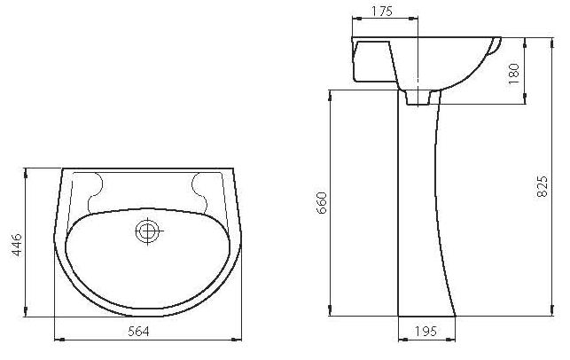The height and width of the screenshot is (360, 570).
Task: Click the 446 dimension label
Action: (x=17, y=245)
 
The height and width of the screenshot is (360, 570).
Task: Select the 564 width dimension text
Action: (x=138, y=332)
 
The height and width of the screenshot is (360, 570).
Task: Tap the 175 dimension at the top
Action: (x=382, y=12)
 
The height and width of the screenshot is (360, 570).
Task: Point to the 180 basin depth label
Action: (x=513, y=74)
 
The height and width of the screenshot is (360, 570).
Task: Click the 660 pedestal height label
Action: (x=323, y=203)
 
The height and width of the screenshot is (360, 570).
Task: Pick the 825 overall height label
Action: (x=542, y=186)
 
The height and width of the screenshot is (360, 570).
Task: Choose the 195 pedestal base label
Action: (x=426, y=332)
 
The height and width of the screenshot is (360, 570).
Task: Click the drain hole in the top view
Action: (x=147, y=231)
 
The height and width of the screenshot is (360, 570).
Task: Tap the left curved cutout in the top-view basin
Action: (x=95, y=192)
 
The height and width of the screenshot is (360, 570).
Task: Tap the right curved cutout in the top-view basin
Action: (x=199, y=192)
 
